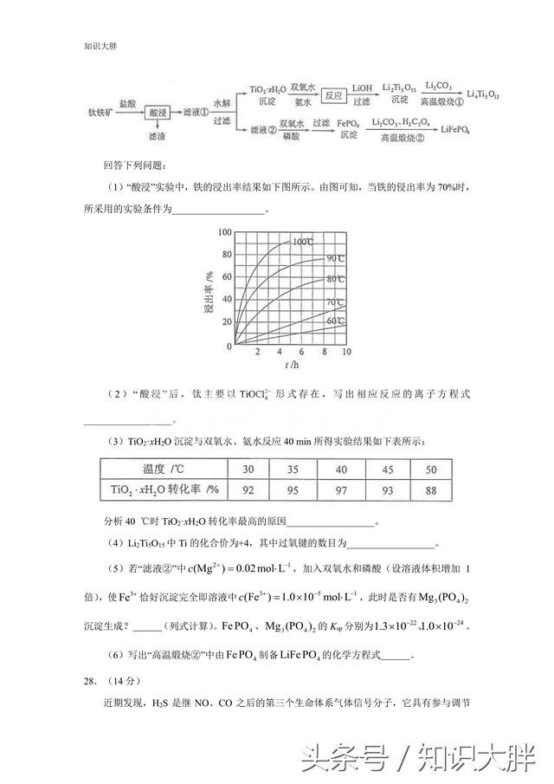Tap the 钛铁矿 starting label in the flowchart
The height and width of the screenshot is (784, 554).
pyautogui.click(x=100, y=113)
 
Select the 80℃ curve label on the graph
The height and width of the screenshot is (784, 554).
pyautogui.click(x=336, y=279)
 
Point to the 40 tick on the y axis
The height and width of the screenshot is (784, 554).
pyautogui.click(x=226, y=300)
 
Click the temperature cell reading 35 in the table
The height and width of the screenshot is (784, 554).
pyautogui.click(x=293, y=470)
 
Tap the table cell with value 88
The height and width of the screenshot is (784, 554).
pyautogui.click(x=431, y=490)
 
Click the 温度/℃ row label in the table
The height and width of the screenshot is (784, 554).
pyautogui.click(x=162, y=470)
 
